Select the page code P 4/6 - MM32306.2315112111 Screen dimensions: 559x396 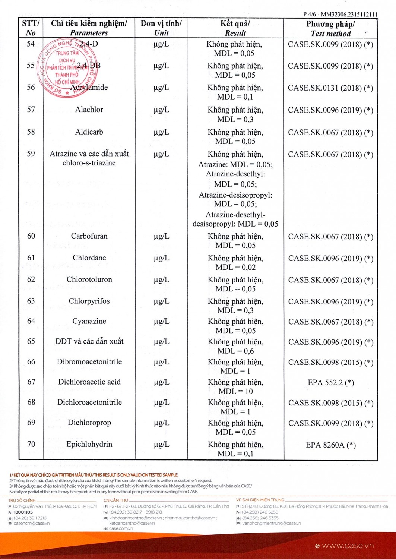(340, 14)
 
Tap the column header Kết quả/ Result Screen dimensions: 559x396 (235, 28)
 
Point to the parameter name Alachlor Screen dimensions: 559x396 (89, 110)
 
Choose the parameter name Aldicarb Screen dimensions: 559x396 (89, 132)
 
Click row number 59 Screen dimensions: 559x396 (31, 154)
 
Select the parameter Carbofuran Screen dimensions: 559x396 (89, 236)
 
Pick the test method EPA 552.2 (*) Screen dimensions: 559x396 (330, 382)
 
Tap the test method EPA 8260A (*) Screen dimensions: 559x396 (330, 445)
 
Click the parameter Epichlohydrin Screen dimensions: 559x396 (89, 444)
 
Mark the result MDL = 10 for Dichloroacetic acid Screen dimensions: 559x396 (235, 391)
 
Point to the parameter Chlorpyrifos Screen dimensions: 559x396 (89, 301)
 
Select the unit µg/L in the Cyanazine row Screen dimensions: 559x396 (161, 321)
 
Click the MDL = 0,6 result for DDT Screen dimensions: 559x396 (235, 351)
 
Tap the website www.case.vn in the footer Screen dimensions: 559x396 (348, 546)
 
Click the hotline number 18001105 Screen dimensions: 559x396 (23, 512)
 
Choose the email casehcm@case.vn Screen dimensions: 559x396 (32, 523)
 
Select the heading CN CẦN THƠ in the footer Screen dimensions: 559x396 (115, 500)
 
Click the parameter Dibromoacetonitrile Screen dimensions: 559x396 (89, 362)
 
